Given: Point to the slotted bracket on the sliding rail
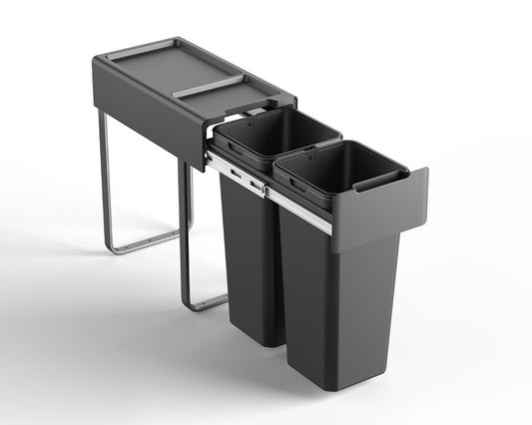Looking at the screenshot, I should (x=244, y=178).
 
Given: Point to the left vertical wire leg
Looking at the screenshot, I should (x=103, y=180).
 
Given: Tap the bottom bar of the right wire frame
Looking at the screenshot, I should (x=210, y=299).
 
